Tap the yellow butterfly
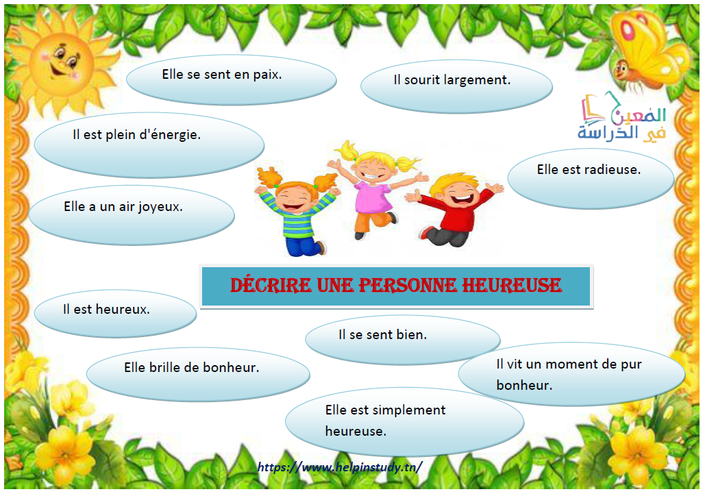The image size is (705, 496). [647, 49]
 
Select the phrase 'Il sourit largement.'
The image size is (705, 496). [452, 80]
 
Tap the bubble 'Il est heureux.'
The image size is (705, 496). [115, 314]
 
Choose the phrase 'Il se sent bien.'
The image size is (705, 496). [382, 334]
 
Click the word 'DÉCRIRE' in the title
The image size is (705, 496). [271, 286]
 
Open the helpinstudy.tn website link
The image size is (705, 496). [340, 467]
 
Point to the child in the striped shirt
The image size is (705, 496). [297, 212]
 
